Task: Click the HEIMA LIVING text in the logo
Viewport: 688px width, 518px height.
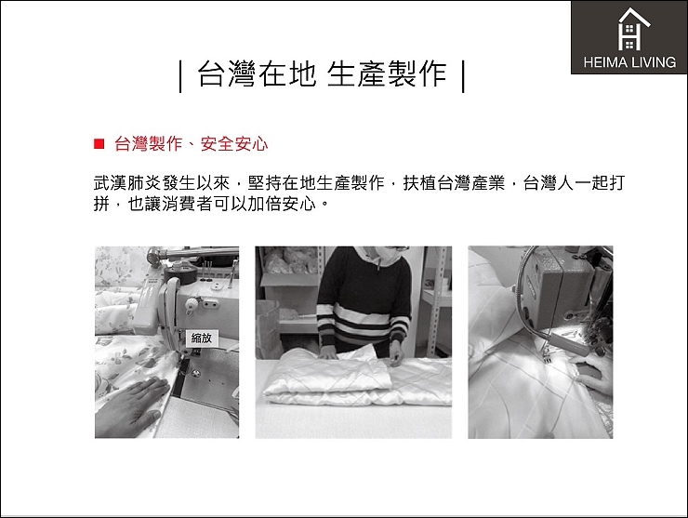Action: coord(629,62)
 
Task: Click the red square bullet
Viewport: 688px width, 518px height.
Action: coord(99,143)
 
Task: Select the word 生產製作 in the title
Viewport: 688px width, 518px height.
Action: coord(387,73)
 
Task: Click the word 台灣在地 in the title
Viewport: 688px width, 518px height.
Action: coord(257,73)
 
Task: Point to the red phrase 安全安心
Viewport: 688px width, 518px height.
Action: coord(234,144)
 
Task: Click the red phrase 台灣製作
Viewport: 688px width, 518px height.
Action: coord(148,144)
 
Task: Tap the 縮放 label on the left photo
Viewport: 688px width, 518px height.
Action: coord(202,338)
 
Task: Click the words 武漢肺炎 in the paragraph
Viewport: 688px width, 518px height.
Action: coord(127,183)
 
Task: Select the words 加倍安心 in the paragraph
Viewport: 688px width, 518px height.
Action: coord(282,204)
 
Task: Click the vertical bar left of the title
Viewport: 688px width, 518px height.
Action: coord(180,75)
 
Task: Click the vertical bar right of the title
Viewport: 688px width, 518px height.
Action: coord(463,75)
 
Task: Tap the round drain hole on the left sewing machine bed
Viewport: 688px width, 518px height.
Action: coord(196,374)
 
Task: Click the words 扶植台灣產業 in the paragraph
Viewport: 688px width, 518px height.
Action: coord(454,183)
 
